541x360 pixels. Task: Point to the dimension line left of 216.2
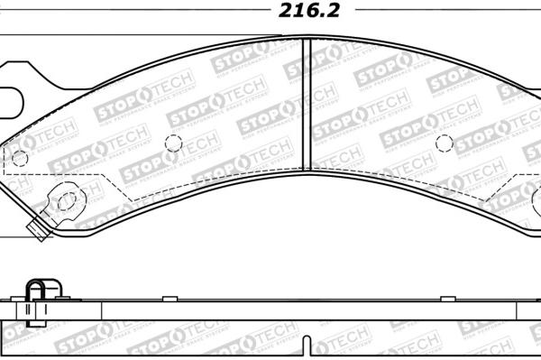tap(135, 12)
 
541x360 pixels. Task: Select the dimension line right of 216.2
tap(451, 12)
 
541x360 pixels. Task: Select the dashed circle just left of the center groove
tap(174, 143)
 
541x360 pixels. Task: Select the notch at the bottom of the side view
tap(309, 348)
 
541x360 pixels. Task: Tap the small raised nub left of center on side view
tap(168, 299)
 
